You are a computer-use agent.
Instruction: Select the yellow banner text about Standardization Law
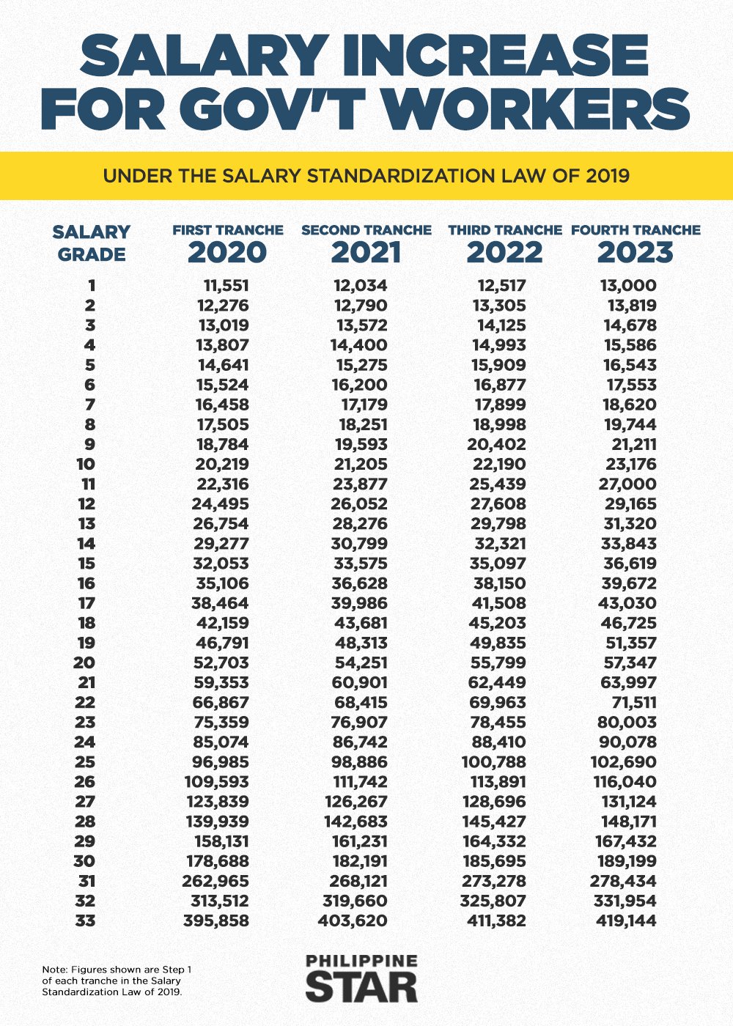[366, 176]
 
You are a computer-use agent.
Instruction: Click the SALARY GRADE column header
[91, 243]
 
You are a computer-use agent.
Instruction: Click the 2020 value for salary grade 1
[226, 286]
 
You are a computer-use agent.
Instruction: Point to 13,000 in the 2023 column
[628, 286]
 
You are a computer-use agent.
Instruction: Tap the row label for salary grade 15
[86, 564]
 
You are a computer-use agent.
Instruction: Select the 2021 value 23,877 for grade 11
[358, 484]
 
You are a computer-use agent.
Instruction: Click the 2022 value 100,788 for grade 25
[493, 762]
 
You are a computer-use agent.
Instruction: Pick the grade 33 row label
[85, 920]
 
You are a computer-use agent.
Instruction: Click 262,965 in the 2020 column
[216, 881]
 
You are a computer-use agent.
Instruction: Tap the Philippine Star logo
[361, 978]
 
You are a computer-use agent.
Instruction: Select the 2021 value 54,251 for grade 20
[358, 663]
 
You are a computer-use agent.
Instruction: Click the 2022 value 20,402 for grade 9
[496, 445]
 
